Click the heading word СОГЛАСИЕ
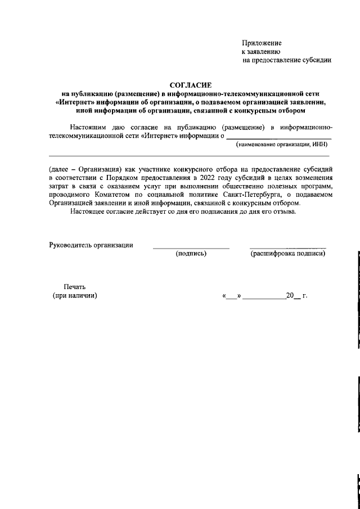tap(190, 84)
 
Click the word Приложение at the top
tap(262, 43)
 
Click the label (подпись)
tap(191, 254)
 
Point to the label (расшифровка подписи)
tap(288, 254)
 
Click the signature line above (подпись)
tap(191, 248)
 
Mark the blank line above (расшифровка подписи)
tap(288, 248)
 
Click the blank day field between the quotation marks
tap(232, 296)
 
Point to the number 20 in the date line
tap(290, 295)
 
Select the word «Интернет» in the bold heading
tap(76, 102)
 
